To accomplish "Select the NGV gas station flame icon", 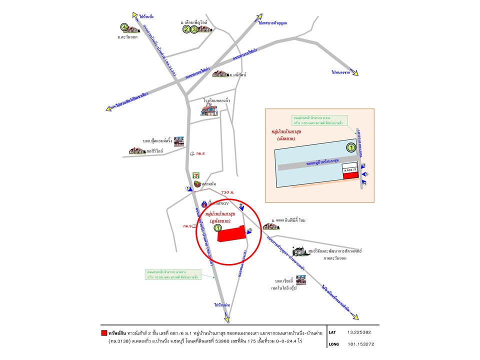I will pyautogui.click(x=204, y=204).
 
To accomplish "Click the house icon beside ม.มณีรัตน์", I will pyautogui.click(x=219, y=74).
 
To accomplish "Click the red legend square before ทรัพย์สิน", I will pyautogui.click(x=104, y=332).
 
